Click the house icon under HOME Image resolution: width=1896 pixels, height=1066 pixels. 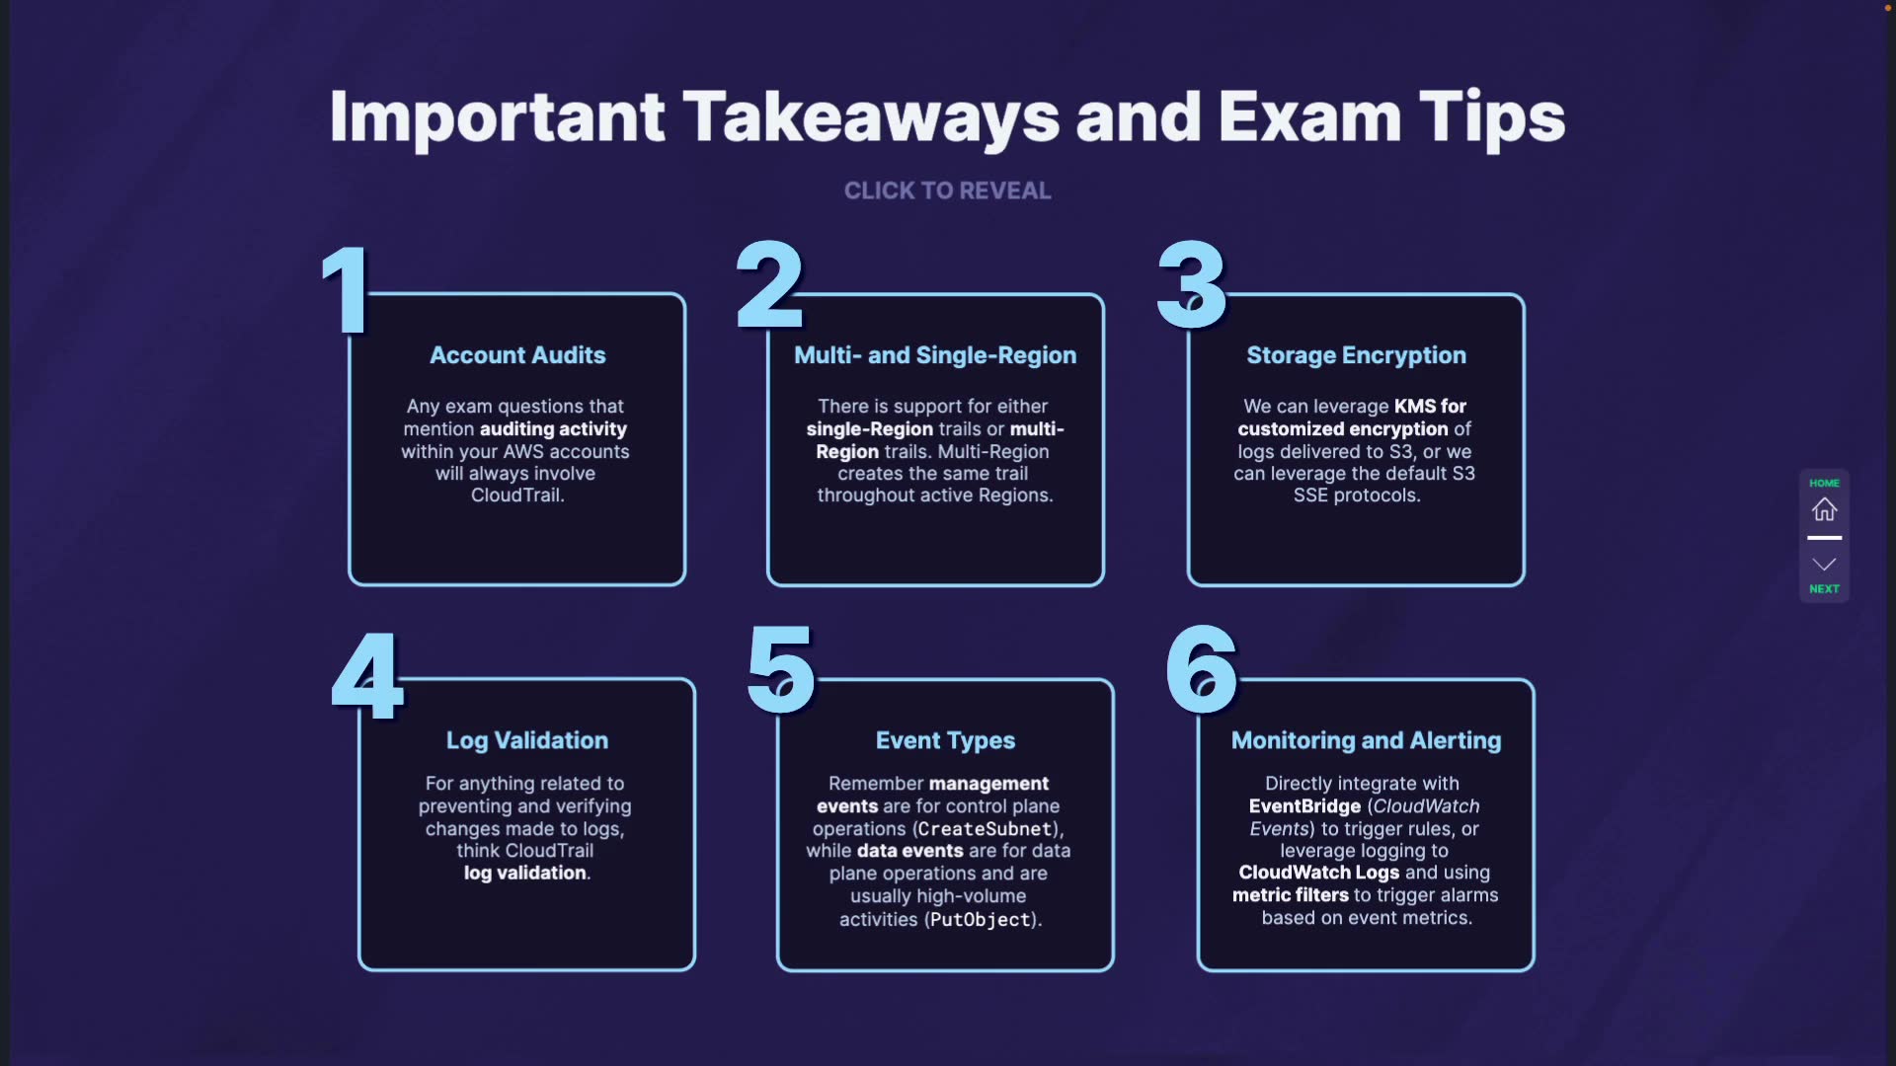click(1824, 509)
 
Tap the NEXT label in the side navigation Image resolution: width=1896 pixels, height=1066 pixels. click(1824, 589)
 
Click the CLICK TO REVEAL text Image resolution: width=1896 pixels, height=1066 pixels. click(947, 190)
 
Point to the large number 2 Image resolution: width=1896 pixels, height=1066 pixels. click(770, 286)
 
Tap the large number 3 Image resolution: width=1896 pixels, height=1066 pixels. click(1192, 286)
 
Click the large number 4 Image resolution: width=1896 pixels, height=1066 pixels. click(367, 677)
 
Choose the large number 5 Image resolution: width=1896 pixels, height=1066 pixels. click(781, 670)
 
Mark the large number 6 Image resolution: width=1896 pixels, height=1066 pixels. click(1202, 670)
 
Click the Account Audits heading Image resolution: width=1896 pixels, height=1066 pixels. click(517, 355)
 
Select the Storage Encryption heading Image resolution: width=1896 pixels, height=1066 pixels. click(1356, 355)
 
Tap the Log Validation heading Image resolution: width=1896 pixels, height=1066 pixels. click(527, 740)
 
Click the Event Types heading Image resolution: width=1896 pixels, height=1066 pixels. click(945, 740)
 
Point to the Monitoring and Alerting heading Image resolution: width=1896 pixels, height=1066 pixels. click(1366, 740)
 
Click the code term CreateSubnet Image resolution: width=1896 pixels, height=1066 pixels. click(986, 829)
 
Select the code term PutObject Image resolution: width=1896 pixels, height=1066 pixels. click(981, 920)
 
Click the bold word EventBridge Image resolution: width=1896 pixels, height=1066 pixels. click(1304, 806)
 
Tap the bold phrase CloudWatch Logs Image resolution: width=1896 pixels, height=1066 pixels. click(1318, 873)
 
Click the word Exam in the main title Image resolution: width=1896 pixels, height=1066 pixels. click(1309, 117)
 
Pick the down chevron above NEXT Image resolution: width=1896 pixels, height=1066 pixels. click(1824, 565)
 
